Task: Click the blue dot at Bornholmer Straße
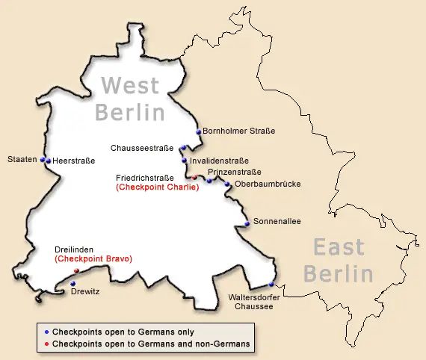[x=199, y=132]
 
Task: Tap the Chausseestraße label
[x=142, y=148]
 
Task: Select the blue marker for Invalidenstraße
[x=184, y=160]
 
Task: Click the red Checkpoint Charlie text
[x=157, y=187]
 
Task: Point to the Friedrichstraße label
[x=145, y=178]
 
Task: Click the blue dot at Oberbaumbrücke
[x=228, y=184]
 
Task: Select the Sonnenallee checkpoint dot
[x=247, y=223]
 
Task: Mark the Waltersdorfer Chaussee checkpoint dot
[x=271, y=285]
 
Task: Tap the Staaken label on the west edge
[x=22, y=160]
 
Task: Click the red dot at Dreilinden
[x=76, y=270]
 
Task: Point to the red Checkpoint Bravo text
[x=93, y=258]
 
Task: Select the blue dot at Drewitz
[x=72, y=283]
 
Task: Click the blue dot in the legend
[x=46, y=331]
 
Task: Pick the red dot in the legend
[x=46, y=344]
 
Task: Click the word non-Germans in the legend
[x=223, y=344]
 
